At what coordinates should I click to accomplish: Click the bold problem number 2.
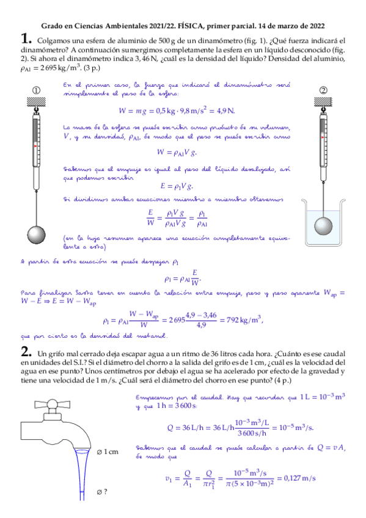point(25,352)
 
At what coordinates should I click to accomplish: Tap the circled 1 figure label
point(36,90)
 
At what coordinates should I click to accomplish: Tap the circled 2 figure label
point(323,90)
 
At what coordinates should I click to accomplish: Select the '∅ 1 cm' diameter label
point(107,451)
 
